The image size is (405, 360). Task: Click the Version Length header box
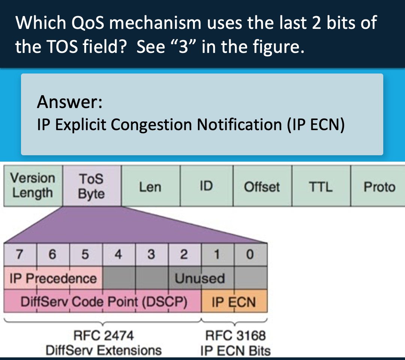pos(32,186)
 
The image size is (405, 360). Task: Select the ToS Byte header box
pos(91,186)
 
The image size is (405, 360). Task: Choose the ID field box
pos(206,186)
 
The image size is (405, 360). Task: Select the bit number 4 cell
pos(118,255)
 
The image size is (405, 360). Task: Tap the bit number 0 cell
pos(250,255)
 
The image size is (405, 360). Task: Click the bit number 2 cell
pos(184,255)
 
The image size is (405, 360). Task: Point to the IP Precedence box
pos(53,278)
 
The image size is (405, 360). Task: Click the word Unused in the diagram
pos(200,278)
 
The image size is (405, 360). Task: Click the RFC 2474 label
pos(103,335)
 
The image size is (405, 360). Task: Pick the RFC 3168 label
pos(235,335)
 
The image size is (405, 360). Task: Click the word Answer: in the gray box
pos(70,102)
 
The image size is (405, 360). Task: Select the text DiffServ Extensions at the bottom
pos(103,351)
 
